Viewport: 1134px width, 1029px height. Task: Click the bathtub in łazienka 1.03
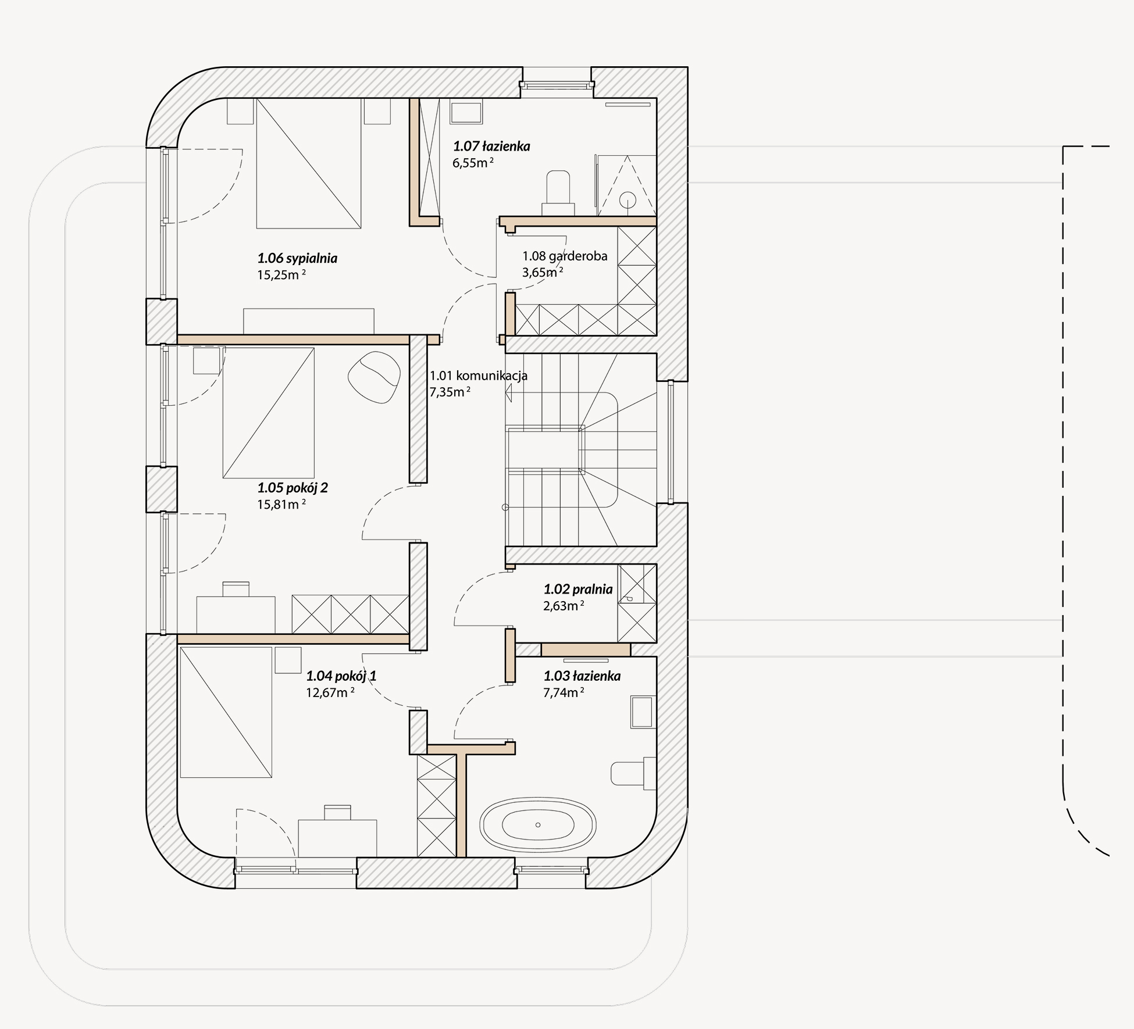pos(538,824)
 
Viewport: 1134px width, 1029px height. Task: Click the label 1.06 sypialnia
pos(297,258)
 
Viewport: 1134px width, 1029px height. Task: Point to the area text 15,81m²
pos(281,504)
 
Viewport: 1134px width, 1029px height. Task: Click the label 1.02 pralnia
pos(578,589)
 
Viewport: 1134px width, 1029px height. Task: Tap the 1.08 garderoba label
pos(565,256)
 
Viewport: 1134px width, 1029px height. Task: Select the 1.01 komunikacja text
pos(478,376)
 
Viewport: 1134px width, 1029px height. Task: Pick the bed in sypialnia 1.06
pos(309,163)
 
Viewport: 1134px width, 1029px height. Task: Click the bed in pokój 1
pos(226,713)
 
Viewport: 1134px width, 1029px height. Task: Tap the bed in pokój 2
pos(269,413)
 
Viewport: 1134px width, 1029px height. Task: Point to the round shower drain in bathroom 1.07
pos(627,200)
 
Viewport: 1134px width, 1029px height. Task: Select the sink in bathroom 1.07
pos(466,113)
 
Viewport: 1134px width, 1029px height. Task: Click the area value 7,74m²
pos(564,693)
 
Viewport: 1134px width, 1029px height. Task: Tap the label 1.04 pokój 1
pos(341,676)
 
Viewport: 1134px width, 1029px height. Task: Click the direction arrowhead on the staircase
pos(508,394)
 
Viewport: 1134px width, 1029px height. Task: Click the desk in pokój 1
pos(337,838)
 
